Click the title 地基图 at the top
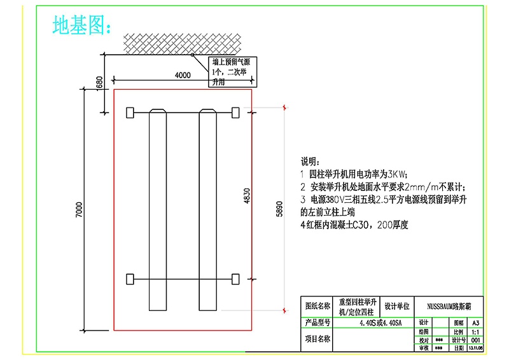click(x=81, y=25)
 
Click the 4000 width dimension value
click(x=182, y=75)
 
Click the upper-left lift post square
click(x=130, y=113)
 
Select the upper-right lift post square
click(x=235, y=113)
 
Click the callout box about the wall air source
click(x=234, y=71)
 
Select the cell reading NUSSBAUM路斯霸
click(x=449, y=306)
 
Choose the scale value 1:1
click(x=475, y=332)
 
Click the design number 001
click(x=475, y=340)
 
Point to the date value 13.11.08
click(x=475, y=349)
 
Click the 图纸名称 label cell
click(x=318, y=306)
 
